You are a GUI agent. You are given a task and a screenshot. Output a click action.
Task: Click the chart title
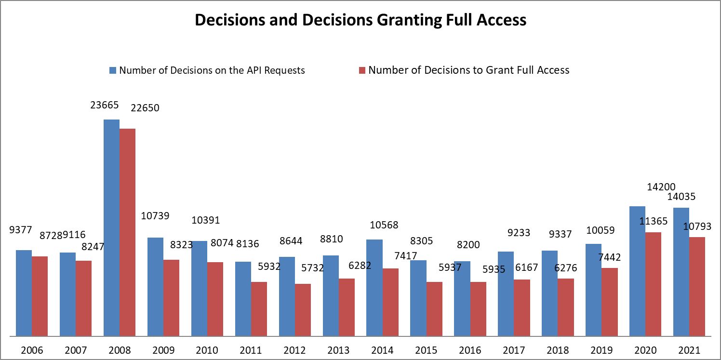360,20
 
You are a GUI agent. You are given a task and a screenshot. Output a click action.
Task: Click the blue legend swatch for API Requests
113,70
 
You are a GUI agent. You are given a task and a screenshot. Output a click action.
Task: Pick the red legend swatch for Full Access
362,70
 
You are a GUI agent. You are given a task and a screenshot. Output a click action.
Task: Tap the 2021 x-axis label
689,350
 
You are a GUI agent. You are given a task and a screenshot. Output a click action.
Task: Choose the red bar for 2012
303,310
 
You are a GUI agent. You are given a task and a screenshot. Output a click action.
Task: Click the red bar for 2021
697,286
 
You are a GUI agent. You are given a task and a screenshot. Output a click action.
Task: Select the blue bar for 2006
24,293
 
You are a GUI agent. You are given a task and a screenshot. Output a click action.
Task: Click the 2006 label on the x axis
32,350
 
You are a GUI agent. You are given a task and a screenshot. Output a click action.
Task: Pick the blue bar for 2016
462,298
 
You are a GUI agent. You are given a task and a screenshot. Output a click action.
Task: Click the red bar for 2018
566,307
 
